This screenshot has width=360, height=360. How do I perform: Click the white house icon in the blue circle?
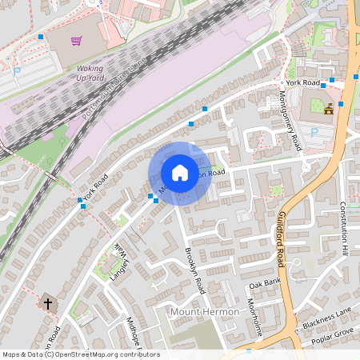click(x=180, y=172)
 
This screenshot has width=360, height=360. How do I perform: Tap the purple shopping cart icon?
click(x=76, y=40)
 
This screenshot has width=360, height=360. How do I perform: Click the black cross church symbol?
click(x=47, y=303)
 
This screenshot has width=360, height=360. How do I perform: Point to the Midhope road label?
click(x=133, y=334)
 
